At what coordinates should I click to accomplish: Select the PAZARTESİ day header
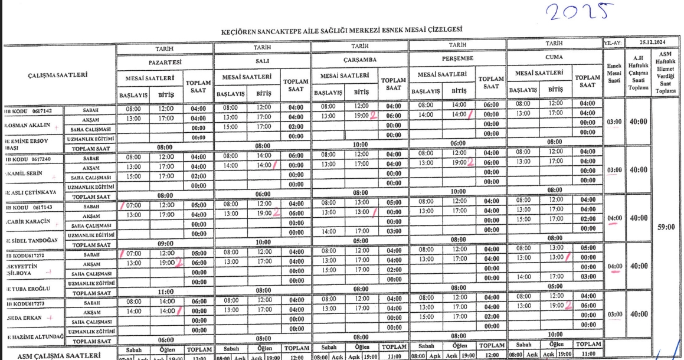[x=165, y=60]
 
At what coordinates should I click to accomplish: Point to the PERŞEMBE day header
[x=457, y=58]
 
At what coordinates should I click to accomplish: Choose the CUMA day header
[x=554, y=58]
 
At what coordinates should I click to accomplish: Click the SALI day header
[x=262, y=60]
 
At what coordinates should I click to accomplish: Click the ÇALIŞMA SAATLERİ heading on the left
[x=58, y=75]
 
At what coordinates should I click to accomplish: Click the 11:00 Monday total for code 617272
[x=165, y=291]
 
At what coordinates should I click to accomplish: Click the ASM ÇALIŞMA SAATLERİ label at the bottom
[x=58, y=356]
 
